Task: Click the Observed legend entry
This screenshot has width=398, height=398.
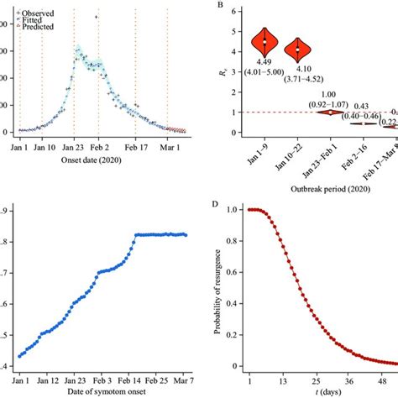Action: [x=34, y=13]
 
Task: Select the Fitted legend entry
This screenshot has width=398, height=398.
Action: [x=31, y=20]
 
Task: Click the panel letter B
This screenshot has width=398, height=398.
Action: [x=220, y=8]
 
